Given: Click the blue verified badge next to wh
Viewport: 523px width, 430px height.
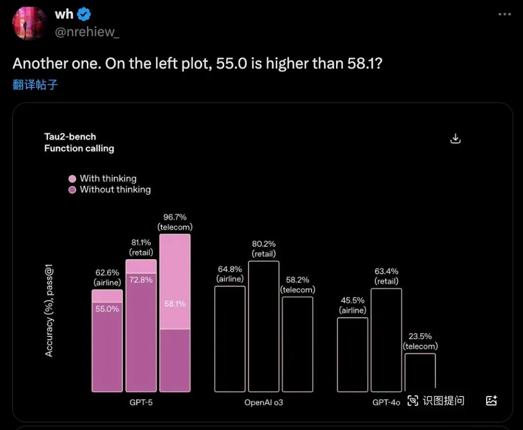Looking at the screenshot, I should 83,14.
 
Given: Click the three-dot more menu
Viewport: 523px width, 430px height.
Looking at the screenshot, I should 504,14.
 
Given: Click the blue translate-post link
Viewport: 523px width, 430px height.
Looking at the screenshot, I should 35,85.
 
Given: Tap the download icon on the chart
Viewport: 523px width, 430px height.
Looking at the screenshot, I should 456,139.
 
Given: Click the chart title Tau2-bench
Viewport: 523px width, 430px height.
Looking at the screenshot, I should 70,137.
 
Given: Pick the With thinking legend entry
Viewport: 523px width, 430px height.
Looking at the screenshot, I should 108,179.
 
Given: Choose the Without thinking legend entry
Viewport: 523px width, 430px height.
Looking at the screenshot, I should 115,190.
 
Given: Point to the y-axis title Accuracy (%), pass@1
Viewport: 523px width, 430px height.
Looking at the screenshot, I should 50,314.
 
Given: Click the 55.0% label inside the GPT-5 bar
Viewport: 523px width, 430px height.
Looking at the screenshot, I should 107,309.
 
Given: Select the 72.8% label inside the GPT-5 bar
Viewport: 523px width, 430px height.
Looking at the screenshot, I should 140,280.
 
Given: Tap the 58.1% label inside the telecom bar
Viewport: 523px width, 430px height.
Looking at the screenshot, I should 175,304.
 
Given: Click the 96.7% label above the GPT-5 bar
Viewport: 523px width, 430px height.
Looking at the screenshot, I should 175,217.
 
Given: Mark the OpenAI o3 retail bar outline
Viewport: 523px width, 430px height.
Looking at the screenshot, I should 264,326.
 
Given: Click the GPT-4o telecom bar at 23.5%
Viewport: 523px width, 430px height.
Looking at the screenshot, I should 420,372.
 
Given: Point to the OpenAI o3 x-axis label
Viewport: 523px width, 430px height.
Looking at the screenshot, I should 264,402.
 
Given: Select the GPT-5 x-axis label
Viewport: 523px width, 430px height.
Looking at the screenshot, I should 141,402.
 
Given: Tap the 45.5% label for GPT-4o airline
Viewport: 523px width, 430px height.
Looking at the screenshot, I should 352,300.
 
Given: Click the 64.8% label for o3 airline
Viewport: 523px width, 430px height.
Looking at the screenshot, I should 229,269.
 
